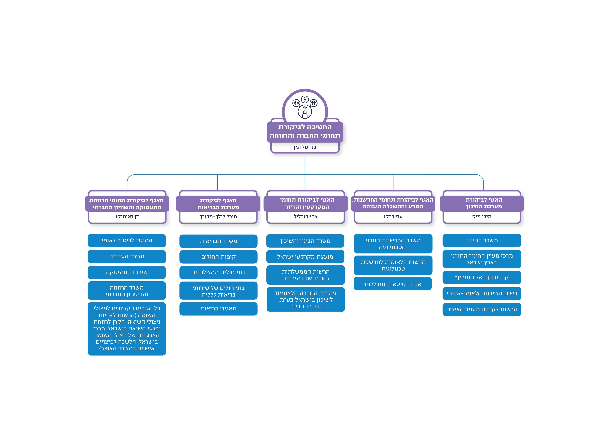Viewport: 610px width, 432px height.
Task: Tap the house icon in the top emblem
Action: (314, 103)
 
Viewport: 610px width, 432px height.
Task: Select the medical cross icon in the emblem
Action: (296, 103)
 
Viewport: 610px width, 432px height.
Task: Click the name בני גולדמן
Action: (305, 147)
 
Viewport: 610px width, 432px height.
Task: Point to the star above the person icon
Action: (305, 108)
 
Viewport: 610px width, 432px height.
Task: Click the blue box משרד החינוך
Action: (481, 241)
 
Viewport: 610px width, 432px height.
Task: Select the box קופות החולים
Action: (218, 257)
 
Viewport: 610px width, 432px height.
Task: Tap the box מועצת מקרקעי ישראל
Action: (305, 257)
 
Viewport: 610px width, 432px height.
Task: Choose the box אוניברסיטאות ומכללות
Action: (393, 284)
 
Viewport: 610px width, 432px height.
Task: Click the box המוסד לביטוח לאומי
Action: (127, 241)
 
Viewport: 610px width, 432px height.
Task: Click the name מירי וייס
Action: (481, 216)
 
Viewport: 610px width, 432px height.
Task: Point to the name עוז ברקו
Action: (393, 216)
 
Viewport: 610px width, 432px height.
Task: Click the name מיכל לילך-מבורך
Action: (218, 216)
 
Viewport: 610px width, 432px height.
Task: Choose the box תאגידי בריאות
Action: (218, 309)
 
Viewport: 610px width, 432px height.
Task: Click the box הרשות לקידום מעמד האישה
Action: (481, 309)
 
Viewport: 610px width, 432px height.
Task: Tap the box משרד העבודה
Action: (127, 256)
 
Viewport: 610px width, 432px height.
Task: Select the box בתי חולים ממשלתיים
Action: (218, 272)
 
